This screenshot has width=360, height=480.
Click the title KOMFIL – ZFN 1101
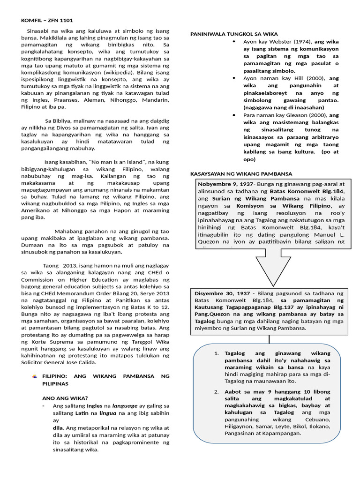(x=47, y=20)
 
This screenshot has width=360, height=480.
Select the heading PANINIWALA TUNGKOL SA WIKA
(x=233, y=34)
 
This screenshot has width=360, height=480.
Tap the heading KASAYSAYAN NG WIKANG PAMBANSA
(x=240, y=173)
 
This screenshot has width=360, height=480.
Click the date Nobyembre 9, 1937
(x=225, y=184)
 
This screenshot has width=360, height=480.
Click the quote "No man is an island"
(x=109, y=161)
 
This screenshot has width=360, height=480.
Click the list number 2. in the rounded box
(x=217, y=391)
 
